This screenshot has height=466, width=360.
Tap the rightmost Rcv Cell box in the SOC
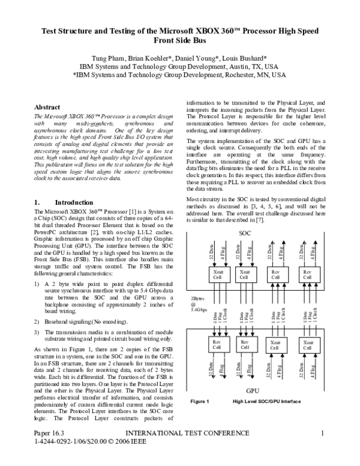[307, 274]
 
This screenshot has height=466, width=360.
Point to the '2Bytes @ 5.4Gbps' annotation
[200, 304]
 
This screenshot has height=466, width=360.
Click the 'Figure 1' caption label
[199, 418]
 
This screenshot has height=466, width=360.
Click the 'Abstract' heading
[48, 107]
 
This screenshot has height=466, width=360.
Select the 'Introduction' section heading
[74, 202]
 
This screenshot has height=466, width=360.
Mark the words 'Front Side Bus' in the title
[179, 41]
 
